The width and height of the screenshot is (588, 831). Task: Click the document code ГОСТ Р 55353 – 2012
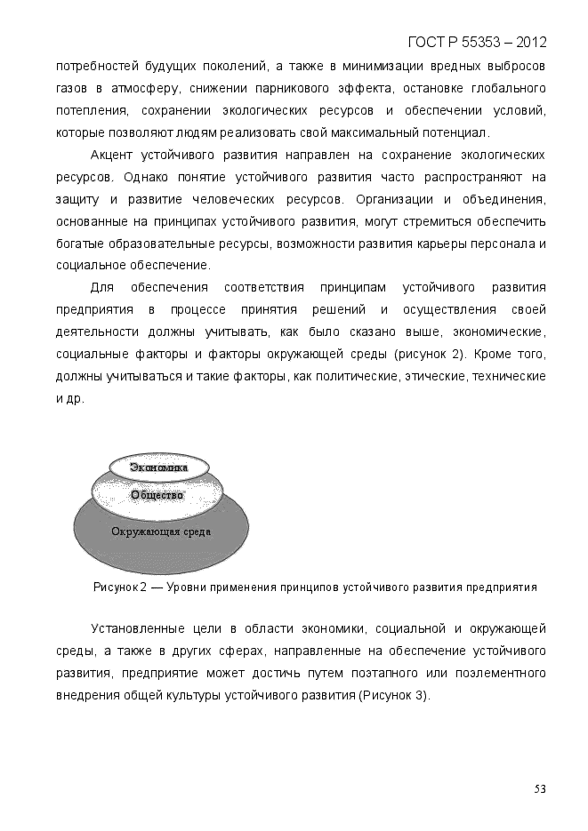477,43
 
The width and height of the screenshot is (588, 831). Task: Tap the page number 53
540,788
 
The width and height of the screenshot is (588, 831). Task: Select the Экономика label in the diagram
159,467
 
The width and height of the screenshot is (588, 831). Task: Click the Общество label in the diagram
157,495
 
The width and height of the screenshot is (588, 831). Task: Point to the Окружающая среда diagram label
161,531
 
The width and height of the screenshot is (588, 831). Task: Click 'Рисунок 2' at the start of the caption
120,587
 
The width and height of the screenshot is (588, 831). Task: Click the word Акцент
113,155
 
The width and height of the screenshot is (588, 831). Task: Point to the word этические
435,377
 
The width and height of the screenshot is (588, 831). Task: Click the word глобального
504,89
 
